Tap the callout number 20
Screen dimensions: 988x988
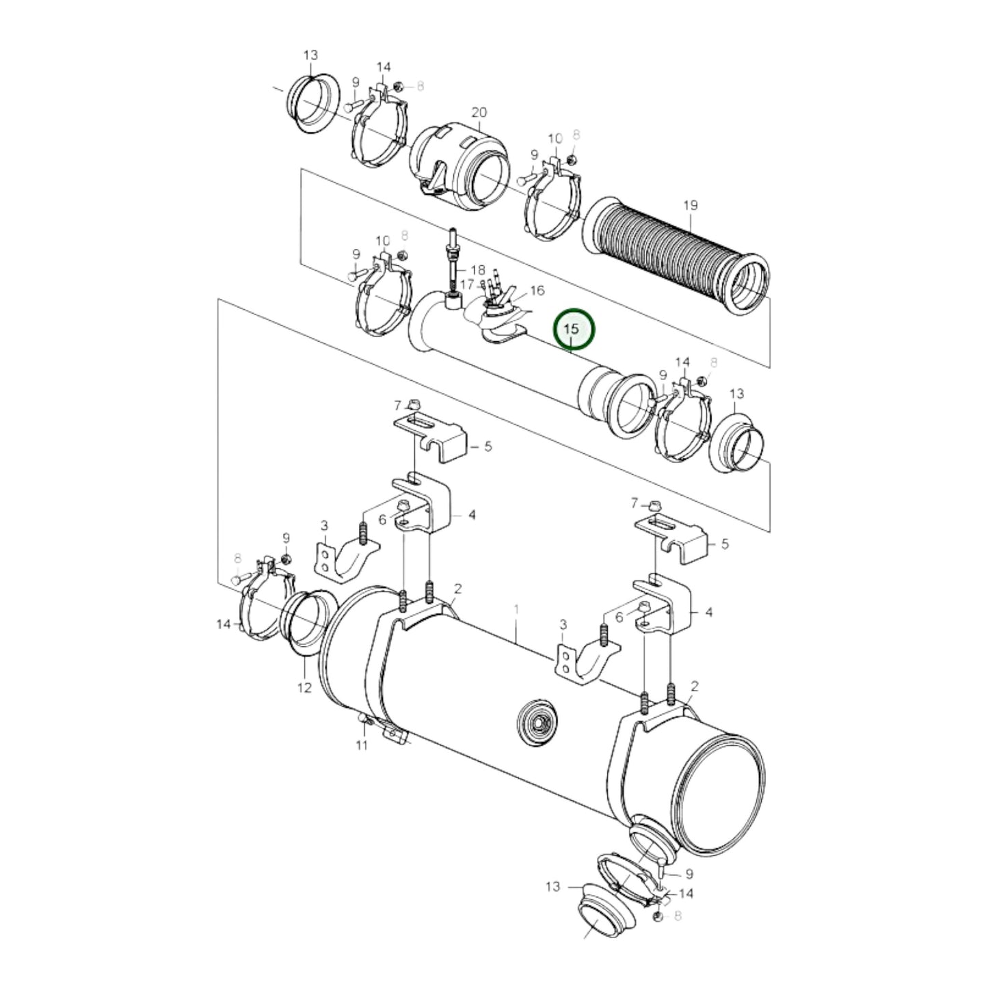[x=479, y=112]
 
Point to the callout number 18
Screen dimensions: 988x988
[x=477, y=270]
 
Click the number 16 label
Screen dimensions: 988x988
[x=537, y=291]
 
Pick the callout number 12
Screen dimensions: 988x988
[x=304, y=687]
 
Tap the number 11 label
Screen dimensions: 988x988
[x=362, y=745]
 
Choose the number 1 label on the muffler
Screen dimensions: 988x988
[x=517, y=609]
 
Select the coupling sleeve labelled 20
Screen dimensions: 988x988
[x=459, y=166]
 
